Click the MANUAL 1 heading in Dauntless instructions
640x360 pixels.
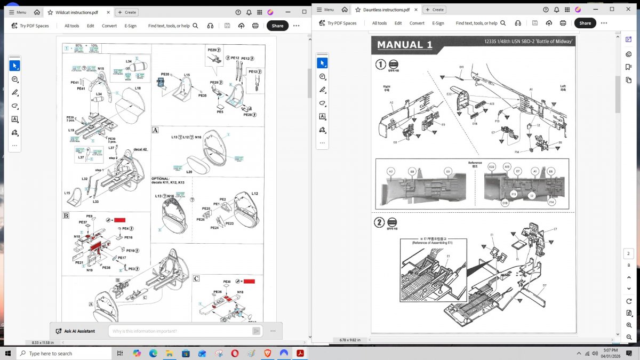[x=405, y=45]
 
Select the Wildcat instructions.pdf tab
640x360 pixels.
[x=77, y=12]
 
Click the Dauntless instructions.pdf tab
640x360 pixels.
[x=386, y=10]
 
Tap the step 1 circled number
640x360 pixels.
[x=381, y=64]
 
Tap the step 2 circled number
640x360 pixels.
[x=380, y=222]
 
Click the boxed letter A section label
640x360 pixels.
[x=155, y=130]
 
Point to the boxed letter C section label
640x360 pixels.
[x=196, y=278]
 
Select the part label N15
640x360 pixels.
[x=101, y=69]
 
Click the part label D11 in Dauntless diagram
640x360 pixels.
[x=461, y=67]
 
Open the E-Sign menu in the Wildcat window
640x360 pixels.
[x=131, y=26]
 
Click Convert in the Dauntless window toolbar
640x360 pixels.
[x=417, y=23]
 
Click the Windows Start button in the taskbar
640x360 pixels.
[x=8, y=354]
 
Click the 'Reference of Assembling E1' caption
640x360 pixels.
[x=433, y=243]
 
